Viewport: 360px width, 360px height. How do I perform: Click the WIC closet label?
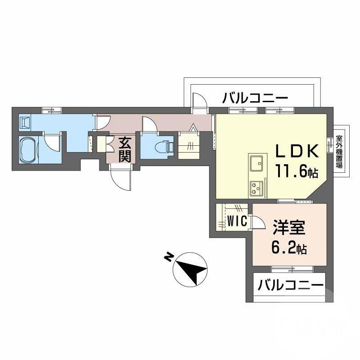(235, 221)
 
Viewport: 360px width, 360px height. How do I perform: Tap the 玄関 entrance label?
(125, 150)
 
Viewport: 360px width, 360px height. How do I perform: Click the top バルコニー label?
(255, 97)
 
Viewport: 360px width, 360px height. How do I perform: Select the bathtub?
(29, 149)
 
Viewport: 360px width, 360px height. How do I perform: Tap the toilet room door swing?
(148, 124)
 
